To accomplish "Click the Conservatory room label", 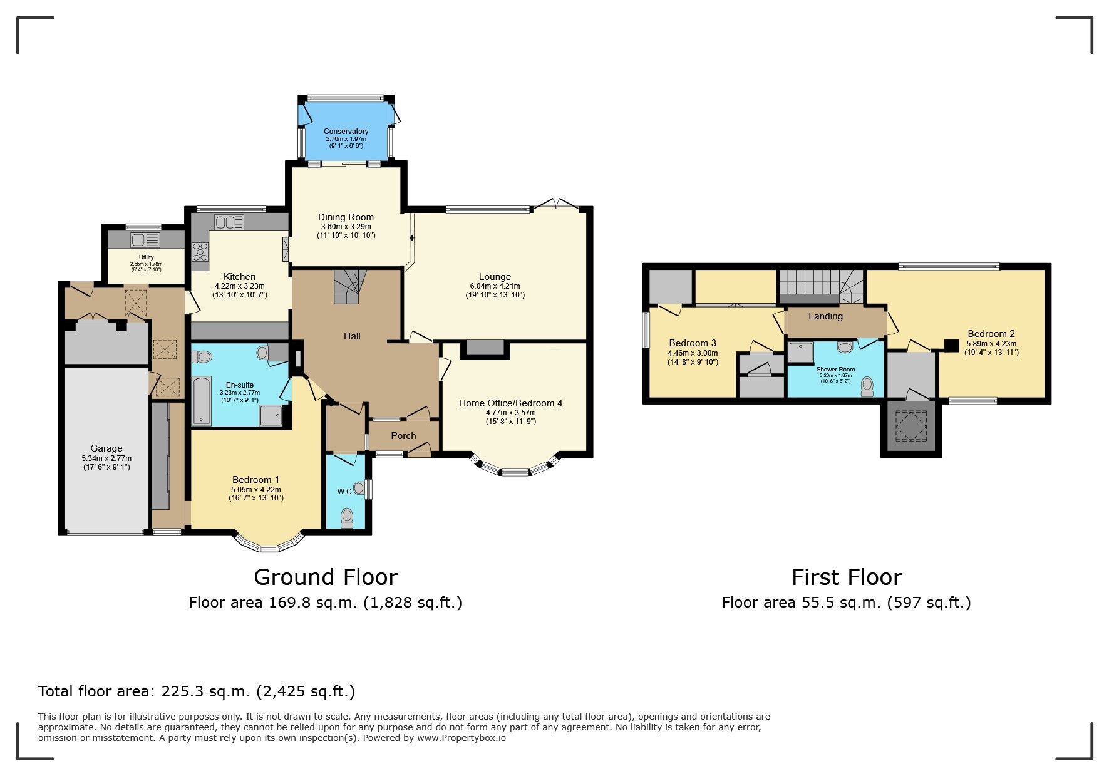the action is click(x=346, y=132).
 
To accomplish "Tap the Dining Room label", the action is click(x=346, y=217).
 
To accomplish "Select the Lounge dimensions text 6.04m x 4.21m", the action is click(x=495, y=286).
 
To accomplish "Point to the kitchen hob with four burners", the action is click(x=200, y=252).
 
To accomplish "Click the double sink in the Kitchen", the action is click(x=229, y=222).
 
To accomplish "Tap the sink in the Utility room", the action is click(x=145, y=240).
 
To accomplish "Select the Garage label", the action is click(x=106, y=448).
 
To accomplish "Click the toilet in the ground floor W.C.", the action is click(x=347, y=517).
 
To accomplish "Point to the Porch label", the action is click(x=403, y=436).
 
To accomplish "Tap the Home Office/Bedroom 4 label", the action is click(x=510, y=403).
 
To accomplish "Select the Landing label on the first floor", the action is click(x=825, y=316).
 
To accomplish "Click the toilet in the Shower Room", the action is click(x=867, y=386).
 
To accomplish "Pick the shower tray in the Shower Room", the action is click(x=800, y=352).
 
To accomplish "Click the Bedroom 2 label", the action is click(x=991, y=334).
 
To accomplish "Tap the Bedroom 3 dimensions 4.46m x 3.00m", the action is click(x=693, y=353).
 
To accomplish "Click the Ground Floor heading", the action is click(x=326, y=577).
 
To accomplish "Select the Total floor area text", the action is click(x=197, y=691).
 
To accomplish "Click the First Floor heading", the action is click(x=847, y=577).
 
